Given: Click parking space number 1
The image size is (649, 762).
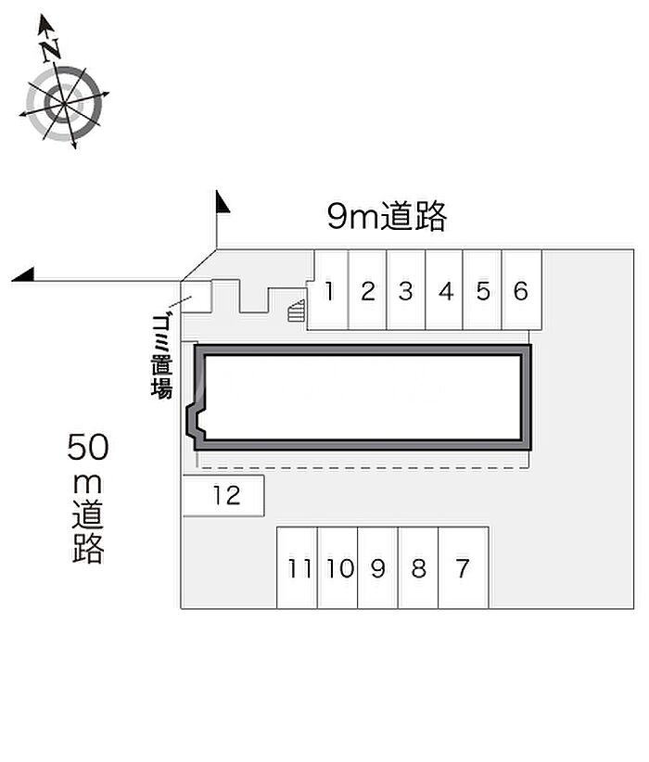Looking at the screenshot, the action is (328, 290).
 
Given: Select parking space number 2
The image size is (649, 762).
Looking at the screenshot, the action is (367, 290).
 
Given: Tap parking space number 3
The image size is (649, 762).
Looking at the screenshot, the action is (406, 290).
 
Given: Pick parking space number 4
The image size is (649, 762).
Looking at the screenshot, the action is (444, 290).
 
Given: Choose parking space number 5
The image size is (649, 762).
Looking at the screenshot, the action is (482, 290).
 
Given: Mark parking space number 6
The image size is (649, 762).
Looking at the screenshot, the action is (522, 290).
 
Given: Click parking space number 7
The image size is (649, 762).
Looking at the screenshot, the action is (464, 567).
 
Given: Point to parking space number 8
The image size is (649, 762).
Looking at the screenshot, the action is (418, 567).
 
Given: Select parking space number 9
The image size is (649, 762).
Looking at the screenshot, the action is (377, 567).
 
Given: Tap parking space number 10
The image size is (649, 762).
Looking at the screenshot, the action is (337, 567).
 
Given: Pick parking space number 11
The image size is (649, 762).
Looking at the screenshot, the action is (298, 567).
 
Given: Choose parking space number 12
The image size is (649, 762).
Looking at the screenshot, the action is (223, 496).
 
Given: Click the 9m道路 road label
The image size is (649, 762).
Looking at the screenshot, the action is (387, 215).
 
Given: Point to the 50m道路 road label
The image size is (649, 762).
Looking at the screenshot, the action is (88, 498).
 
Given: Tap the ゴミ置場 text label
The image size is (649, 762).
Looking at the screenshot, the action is (161, 356).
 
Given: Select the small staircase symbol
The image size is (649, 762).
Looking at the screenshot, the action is (296, 311).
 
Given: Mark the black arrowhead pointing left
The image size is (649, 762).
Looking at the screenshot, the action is (23, 274).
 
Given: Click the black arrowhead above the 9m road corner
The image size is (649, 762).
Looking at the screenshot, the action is (223, 202).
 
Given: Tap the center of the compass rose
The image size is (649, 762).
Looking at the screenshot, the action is (64, 104).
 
